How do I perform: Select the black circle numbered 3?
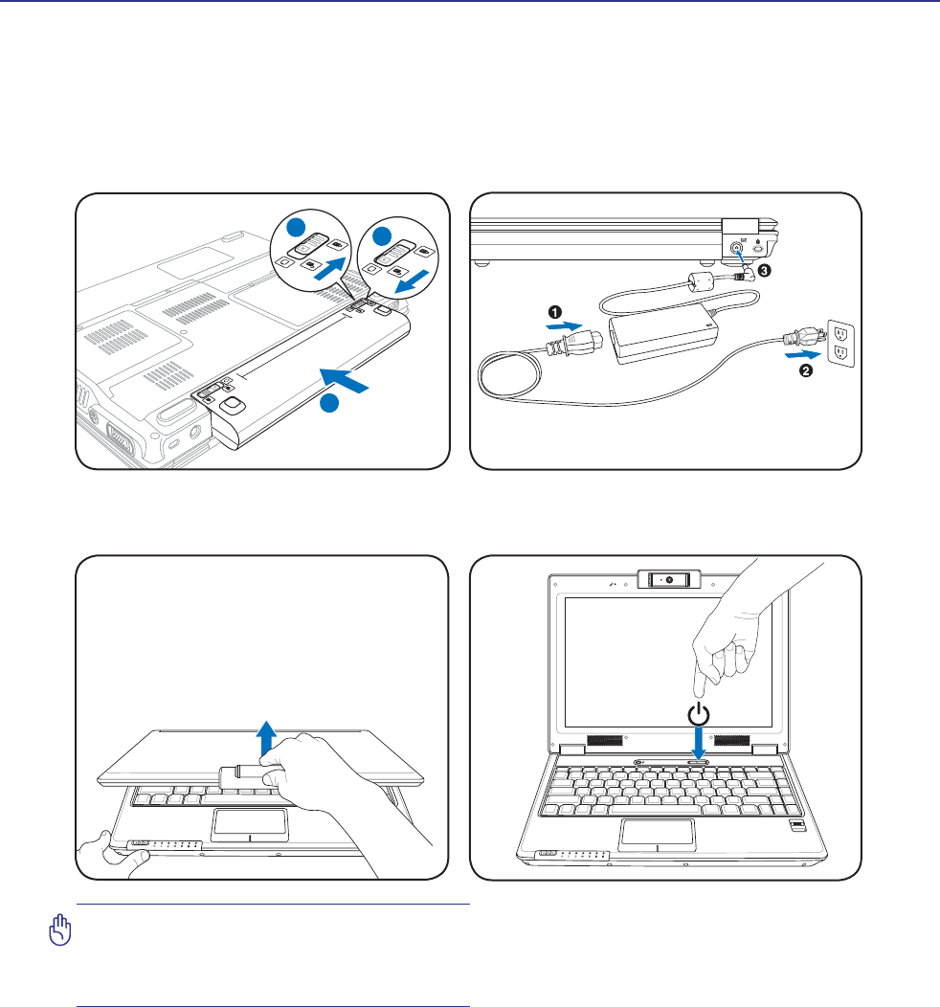pyautogui.click(x=763, y=270)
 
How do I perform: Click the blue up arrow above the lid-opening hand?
pyautogui.click(x=267, y=739)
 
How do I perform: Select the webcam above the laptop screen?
pyautogui.click(x=668, y=580)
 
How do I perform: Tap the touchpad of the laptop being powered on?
pyautogui.click(x=657, y=834)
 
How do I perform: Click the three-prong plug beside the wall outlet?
pyautogui.click(x=796, y=337)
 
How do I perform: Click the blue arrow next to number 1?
pyautogui.click(x=563, y=325)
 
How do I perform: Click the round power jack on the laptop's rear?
pyautogui.click(x=736, y=247)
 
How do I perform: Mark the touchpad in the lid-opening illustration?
pyautogui.click(x=249, y=823)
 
